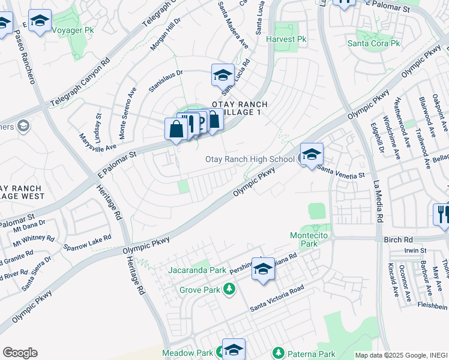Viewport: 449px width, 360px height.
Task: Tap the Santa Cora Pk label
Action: coord(374,43)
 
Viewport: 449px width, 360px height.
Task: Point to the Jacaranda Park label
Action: coord(197,270)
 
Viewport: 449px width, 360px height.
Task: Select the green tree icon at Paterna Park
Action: coord(277,353)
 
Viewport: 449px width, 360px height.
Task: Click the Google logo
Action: coord(20,353)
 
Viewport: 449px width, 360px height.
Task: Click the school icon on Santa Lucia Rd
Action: coord(223,76)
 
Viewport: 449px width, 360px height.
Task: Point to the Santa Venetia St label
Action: coord(340,173)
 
